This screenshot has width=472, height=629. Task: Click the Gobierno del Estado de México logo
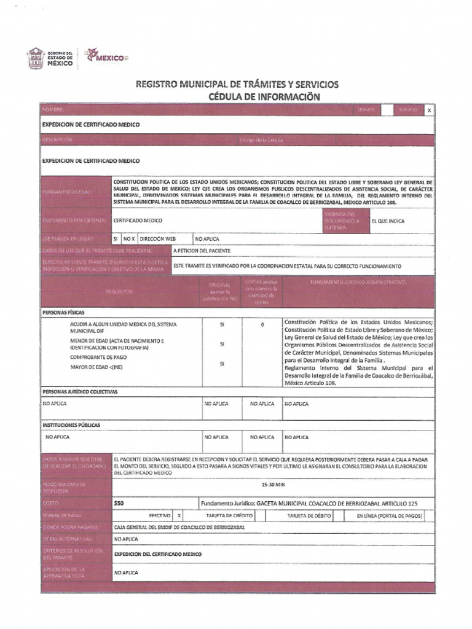(50, 58)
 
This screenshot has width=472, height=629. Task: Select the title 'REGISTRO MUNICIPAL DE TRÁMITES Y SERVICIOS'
(237, 84)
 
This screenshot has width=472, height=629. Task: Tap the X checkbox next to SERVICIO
(429, 110)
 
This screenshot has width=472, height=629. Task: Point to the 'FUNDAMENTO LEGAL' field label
(67, 192)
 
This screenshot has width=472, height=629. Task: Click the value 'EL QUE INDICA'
(388, 221)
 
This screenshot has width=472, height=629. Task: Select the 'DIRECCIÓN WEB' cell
(158, 238)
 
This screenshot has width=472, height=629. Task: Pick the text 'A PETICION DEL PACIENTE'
(202, 251)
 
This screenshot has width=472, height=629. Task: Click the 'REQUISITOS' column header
(119, 291)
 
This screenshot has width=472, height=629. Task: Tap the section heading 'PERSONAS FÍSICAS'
(63, 313)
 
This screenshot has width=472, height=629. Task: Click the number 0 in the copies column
(262, 324)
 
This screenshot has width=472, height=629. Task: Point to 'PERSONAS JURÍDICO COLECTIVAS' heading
(80, 391)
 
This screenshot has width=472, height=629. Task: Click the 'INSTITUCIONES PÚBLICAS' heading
(71, 425)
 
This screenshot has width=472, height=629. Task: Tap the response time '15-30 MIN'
(273, 485)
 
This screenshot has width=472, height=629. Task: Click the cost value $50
(119, 503)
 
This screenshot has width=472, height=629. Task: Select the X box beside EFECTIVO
(179, 516)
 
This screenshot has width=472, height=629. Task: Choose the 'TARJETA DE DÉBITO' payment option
(309, 516)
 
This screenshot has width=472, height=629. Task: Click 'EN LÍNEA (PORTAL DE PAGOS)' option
(390, 516)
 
